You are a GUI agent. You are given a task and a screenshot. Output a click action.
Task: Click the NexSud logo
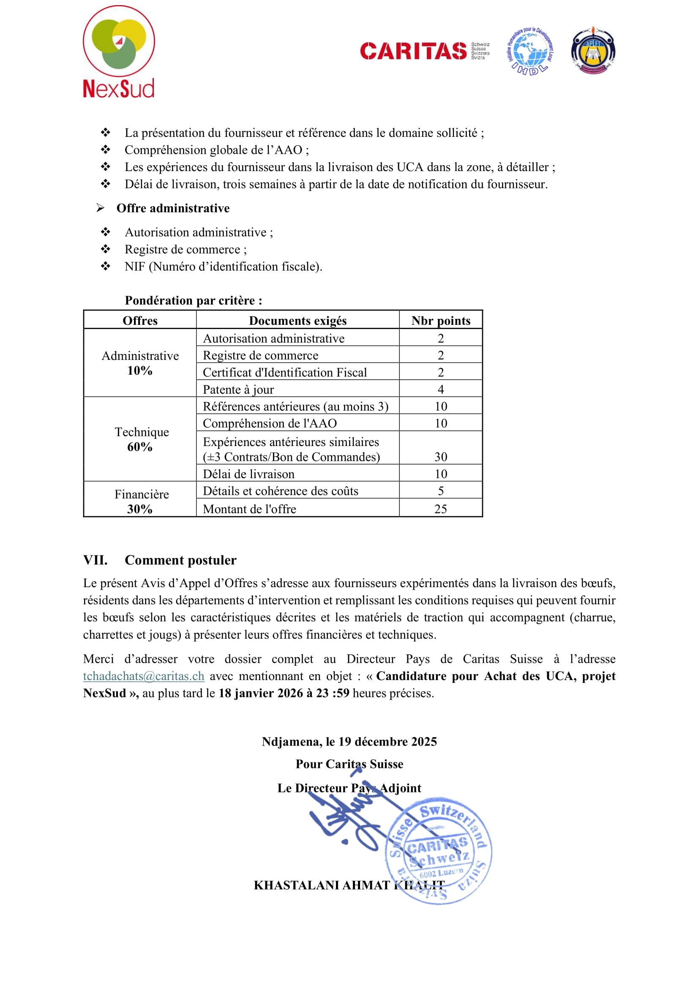tap(119, 52)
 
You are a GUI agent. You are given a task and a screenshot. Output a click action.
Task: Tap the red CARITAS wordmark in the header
tap(413, 51)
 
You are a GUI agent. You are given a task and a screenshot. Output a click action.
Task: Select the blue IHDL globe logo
tap(530, 51)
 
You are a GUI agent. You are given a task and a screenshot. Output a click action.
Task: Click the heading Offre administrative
tap(173, 208)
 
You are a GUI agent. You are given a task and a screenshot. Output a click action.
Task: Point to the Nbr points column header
tap(441, 321)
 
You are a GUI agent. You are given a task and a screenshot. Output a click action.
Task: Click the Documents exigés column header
tap(298, 321)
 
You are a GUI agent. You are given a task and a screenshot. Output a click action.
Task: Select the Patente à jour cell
tap(238, 389)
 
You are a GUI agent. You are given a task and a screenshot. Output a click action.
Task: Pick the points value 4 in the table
tap(441, 389)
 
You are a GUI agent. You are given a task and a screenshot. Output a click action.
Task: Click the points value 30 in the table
tap(441, 457)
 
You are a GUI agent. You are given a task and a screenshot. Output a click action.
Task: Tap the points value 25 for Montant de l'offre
tap(441, 509)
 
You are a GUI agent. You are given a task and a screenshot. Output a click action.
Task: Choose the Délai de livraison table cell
tap(249, 474)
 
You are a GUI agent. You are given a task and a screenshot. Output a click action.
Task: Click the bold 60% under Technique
tap(140, 446)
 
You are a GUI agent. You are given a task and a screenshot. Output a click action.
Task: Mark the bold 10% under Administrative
tap(140, 370)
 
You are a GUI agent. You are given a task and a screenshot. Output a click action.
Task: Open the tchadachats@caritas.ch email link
tap(144, 676)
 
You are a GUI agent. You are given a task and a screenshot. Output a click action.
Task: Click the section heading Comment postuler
tap(180, 560)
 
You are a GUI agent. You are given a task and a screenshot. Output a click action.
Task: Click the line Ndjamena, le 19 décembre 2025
tap(349, 741)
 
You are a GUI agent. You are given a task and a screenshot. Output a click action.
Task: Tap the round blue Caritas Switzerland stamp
tap(439, 850)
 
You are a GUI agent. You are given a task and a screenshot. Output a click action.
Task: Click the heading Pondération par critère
tap(193, 300)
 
